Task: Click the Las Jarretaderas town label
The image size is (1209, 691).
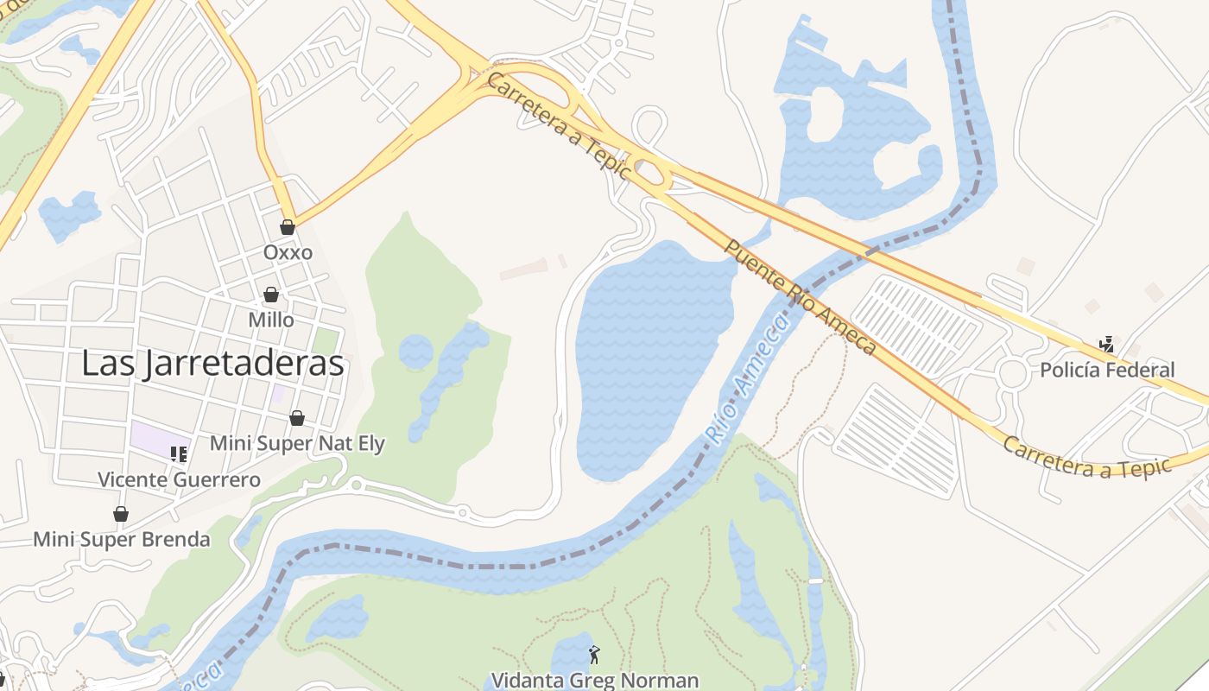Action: (x=212, y=365)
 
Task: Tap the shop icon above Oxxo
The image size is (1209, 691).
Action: (x=288, y=227)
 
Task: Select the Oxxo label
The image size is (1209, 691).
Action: (x=288, y=253)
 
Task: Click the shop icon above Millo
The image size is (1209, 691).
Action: (x=271, y=295)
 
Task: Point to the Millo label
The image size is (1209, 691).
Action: (x=271, y=320)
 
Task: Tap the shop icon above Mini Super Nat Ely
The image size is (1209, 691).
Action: (x=297, y=418)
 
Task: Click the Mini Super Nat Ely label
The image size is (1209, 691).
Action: (x=298, y=444)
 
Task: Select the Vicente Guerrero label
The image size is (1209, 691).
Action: (x=179, y=479)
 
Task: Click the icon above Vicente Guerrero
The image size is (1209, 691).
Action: (x=179, y=453)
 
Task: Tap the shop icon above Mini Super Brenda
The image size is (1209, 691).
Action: (x=121, y=514)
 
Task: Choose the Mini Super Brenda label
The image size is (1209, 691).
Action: (x=121, y=540)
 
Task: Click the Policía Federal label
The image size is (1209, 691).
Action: (x=1107, y=371)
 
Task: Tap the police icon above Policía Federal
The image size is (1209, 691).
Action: (x=1106, y=345)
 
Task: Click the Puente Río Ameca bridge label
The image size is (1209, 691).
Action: (x=800, y=297)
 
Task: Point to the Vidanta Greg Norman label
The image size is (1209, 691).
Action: (x=594, y=680)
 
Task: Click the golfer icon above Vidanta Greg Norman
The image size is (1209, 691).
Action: (x=593, y=655)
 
